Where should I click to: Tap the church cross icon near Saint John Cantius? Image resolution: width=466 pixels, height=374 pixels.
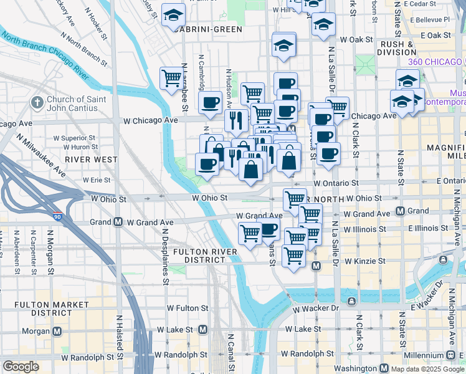(37, 102)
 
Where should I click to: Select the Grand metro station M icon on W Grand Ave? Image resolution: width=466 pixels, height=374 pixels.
(118, 222)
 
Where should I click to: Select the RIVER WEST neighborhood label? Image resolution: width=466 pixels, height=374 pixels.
(94, 160)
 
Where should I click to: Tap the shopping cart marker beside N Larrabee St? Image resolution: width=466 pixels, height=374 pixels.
(171, 79)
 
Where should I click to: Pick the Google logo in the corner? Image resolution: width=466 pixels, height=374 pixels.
(21, 367)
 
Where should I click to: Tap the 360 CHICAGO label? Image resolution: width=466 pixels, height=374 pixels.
(434, 62)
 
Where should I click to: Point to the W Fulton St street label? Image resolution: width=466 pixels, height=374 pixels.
(188, 308)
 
